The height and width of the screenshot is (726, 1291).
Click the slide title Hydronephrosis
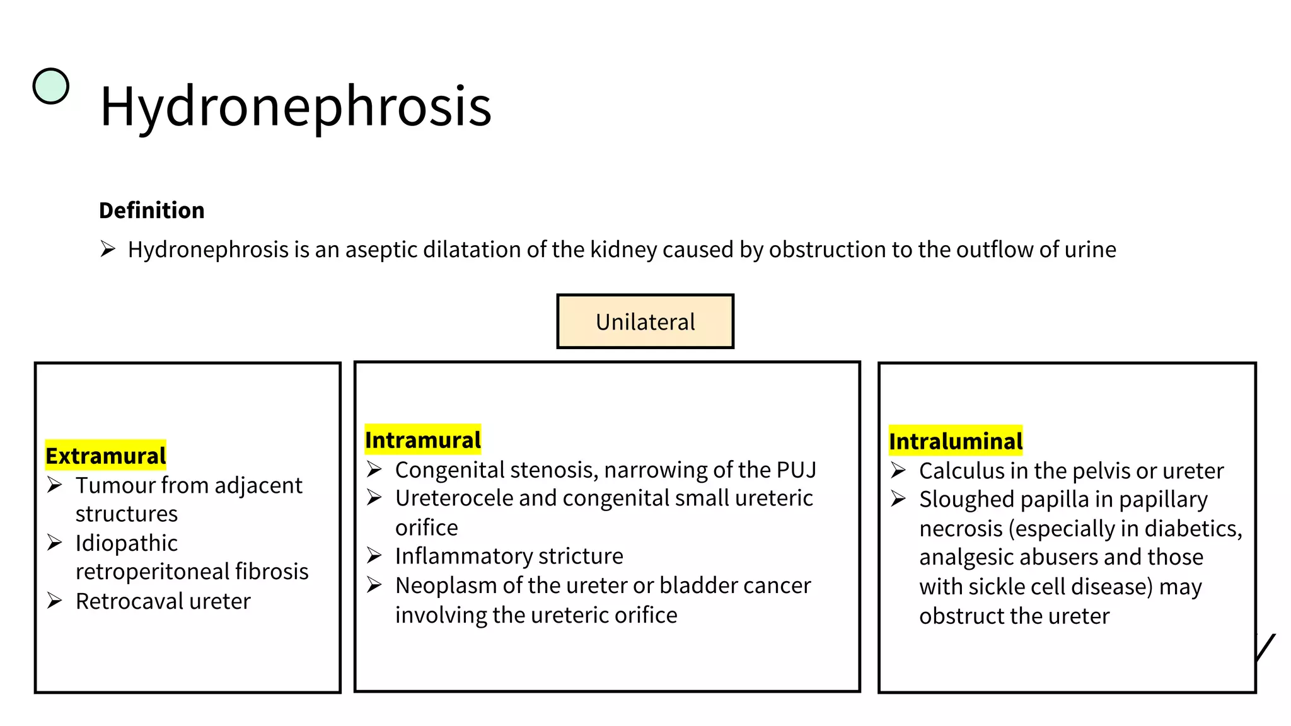295,106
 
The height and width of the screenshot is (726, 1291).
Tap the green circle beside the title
50,86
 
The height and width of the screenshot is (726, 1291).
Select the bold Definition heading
152,210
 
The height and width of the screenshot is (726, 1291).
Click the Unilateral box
645,321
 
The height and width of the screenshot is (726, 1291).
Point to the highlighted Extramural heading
106,456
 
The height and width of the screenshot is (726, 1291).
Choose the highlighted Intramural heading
423,440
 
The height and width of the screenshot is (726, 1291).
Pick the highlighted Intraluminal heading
956,441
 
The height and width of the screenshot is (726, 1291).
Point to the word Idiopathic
127,543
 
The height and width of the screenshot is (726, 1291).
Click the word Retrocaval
129,601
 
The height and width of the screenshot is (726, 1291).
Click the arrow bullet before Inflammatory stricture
374,556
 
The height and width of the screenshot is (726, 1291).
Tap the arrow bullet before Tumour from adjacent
55,485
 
